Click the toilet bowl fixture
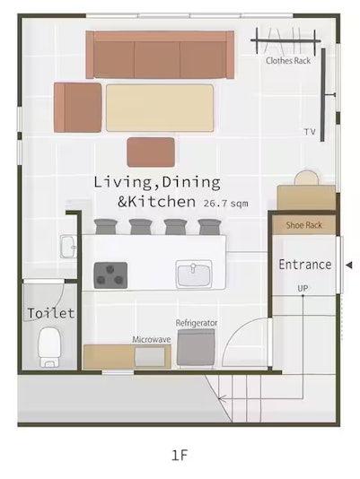(x=49, y=347)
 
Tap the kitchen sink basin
(x=194, y=274)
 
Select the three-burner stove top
(x=110, y=275)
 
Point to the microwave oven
(x=150, y=356)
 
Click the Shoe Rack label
(x=304, y=225)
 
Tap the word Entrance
(x=305, y=265)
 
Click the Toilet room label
(x=51, y=313)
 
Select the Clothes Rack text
(x=288, y=60)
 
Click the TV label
(x=310, y=132)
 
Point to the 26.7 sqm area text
(x=225, y=204)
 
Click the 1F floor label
(x=180, y=455)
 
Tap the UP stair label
(x=303, y=288)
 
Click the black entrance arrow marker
(x=348, y=266)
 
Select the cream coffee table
(x=160, y=109)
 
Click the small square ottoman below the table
(x=151, y=152)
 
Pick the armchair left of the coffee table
(x=78, y=108)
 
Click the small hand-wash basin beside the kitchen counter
(x=69, y=247)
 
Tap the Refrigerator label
(x=197, y=323)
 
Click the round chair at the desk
(x=307, y=178)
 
